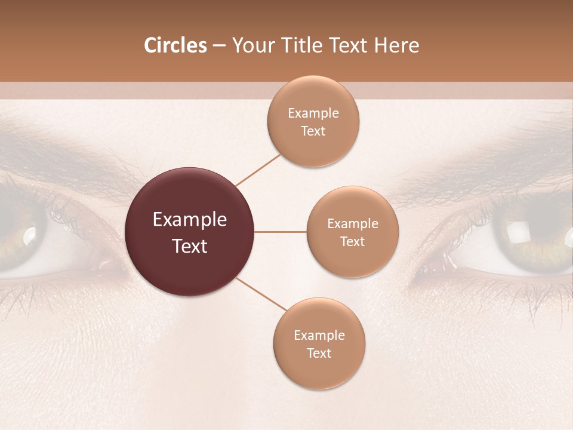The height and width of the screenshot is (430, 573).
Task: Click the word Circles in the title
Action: [175, 45]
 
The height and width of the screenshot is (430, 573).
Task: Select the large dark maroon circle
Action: [190, 232]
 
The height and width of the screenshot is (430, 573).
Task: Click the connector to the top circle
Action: [258, 170]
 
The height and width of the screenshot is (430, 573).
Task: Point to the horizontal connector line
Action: [280, 232]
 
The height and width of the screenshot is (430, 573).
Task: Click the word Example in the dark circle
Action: [190, 220]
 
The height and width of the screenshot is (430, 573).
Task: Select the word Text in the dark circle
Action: [190, 246]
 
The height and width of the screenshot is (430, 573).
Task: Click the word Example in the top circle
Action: [313, 113]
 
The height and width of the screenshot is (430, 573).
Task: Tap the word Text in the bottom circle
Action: [319, 353]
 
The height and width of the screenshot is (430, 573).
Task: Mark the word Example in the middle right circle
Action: [353, 224]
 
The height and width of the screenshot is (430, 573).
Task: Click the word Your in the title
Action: [251, 45]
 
